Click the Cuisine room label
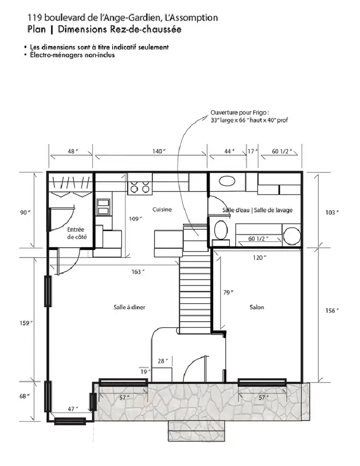coord(162,210)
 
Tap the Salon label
coord(256,307)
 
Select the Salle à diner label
coord(129,307)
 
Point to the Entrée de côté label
coord(76,233)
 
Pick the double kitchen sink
coord(103,206)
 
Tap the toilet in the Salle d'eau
coord(220,231)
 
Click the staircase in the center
coord(195,292)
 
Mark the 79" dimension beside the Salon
coord(228,292)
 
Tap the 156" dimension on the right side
coord(330,310)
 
